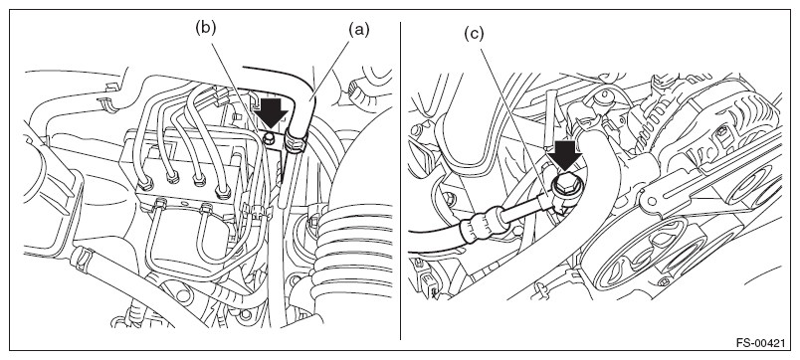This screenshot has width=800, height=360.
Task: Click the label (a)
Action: tap(358, 30)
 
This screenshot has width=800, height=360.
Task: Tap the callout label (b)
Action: tap(206, 28)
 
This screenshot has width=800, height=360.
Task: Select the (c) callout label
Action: tap(474, 34)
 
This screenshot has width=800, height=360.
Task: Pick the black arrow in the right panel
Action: tap(565, 155)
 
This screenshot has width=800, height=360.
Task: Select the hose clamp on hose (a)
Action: tap(295, 139)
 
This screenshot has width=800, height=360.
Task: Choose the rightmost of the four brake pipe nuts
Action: tap(222, 192)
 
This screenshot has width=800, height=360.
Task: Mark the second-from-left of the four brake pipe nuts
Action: tap(173, 176)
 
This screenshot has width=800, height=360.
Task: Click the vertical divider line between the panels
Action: tap(401, 181)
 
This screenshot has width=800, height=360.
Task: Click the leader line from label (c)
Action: tap(514, 121)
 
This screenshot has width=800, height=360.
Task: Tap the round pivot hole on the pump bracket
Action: tap(649, 200)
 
